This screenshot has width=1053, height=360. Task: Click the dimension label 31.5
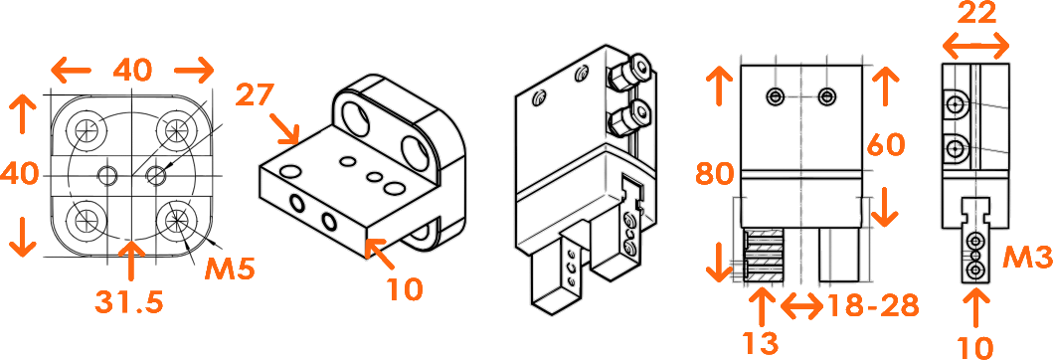(128, 302)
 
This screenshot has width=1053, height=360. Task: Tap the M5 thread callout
(230, 270)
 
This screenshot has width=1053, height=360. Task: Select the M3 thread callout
(1026, 256)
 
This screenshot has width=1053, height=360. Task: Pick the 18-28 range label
(873, 306)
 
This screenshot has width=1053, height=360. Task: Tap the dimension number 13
(761, 343)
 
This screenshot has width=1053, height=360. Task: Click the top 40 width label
(133, 70)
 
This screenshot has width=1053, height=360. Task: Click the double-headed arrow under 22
(975, 48)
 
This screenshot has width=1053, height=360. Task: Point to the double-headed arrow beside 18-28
(802, 307)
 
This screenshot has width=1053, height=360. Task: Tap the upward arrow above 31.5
(131, 261)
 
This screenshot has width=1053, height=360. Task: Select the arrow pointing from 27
(284, 129)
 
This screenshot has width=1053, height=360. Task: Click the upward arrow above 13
(762, 306)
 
